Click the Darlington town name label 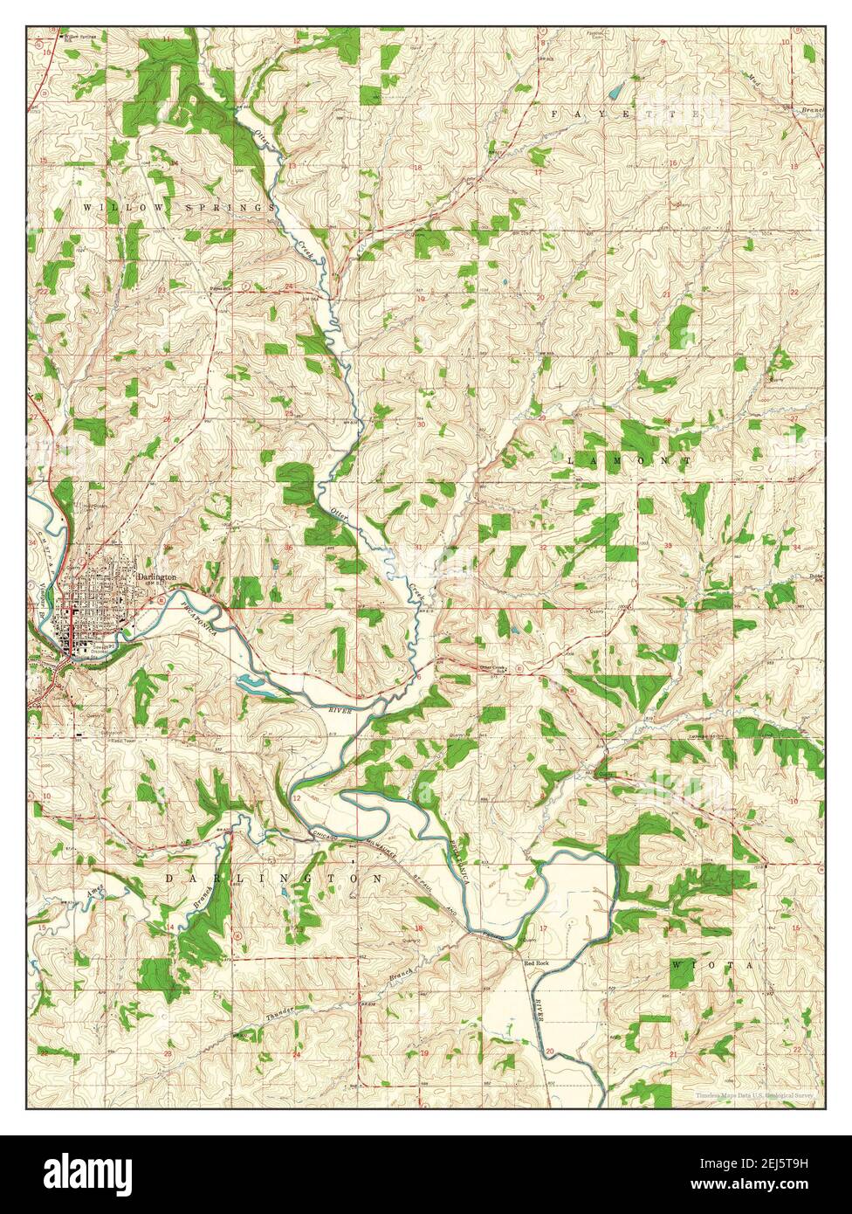[158, 578]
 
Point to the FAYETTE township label [626, 114]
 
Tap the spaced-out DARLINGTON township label [273, 877]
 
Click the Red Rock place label [536, 962]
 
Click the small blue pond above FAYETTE [616, 90]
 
